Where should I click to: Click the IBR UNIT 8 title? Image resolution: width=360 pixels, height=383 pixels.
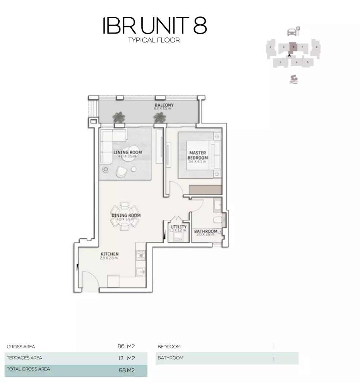pyautogui.click(x=154, y=26)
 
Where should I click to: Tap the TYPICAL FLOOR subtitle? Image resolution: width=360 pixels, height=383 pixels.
pyautogui.click(x=154, y=40)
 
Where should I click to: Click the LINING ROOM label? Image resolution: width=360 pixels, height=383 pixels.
pyautogui.click(x=127, y=152)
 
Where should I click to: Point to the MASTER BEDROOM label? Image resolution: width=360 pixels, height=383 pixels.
pyautogui.click(x=198, y=155)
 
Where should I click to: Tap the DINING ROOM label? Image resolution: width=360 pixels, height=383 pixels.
pyautogui.click(x=126, y=216)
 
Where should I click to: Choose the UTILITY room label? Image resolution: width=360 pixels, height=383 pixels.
pyautogui.click(x=178, y=227)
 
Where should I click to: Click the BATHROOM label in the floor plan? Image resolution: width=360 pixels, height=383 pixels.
pyautogui.click(x=205, y=232)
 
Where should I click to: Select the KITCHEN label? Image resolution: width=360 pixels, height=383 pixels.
pyautogui.click(x=109, y=254)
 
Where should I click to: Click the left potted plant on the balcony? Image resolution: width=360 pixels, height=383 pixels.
pyautogui.click(x=118, y=118)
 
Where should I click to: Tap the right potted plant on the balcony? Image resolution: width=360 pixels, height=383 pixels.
pyautogui.click(x=159, y=118)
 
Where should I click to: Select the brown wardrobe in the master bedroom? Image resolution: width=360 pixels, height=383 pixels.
pyautogui.click(x=205, y=190)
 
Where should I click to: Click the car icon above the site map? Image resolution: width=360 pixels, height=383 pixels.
pyautogui.click(x=292, y=32)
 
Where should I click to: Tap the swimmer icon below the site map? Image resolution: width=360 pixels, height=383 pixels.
pyautogui.click(x=293, y=79)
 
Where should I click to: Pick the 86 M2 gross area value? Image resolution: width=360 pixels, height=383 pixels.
pyautogui.click(x=126, y=346)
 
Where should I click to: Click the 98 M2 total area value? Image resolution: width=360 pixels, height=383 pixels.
pyautogui.click(x=127, y=370)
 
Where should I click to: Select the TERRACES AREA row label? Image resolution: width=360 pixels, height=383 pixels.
pyautogui.click(x=24, y=358)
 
